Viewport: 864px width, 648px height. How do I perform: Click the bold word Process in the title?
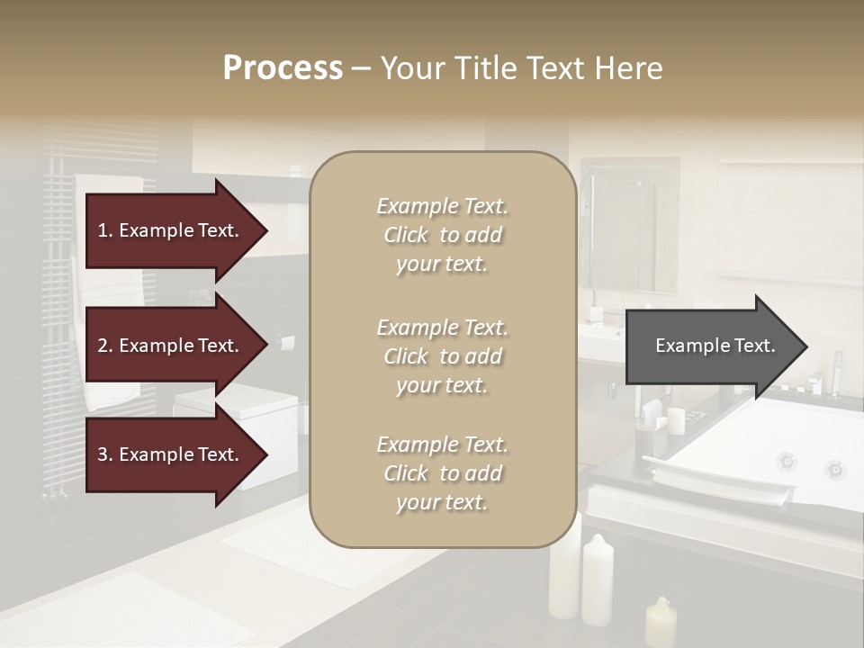click(283, 68)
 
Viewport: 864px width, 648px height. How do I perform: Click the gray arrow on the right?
click(715, 346)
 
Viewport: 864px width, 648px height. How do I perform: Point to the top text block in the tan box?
click(442, 235)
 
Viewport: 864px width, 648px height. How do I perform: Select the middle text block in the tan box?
click(442, 356)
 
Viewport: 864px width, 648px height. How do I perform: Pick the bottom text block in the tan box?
click(442, 473)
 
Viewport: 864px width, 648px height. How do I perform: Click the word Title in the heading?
click(487, 68)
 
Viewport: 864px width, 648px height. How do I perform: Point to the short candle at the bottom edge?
click(661, 623)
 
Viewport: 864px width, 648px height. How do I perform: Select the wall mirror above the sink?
click(629, 225)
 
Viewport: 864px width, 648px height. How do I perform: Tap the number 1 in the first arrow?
click(103, 230)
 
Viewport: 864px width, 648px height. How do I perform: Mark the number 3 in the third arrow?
click(103, 454)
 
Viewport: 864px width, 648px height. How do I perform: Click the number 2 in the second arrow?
click(103, 346)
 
